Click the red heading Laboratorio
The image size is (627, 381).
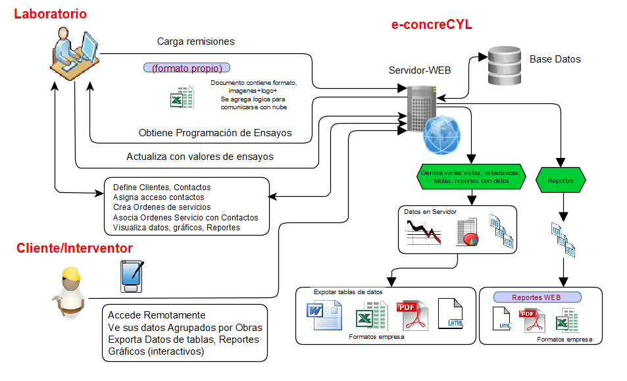[50, 14]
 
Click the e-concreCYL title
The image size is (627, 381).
[432, 25]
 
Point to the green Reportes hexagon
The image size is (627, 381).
[561, 180]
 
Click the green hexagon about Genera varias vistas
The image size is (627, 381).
[470, 176]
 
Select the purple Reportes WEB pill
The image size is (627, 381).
[537, 297]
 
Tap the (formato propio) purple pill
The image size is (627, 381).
[187, 68]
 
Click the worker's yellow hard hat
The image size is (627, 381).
[70, 273]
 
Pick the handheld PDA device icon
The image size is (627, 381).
[132, 276]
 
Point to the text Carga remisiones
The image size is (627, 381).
[195, 41]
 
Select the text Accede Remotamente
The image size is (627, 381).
[157, 315]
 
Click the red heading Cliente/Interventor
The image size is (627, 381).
[74, 248]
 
